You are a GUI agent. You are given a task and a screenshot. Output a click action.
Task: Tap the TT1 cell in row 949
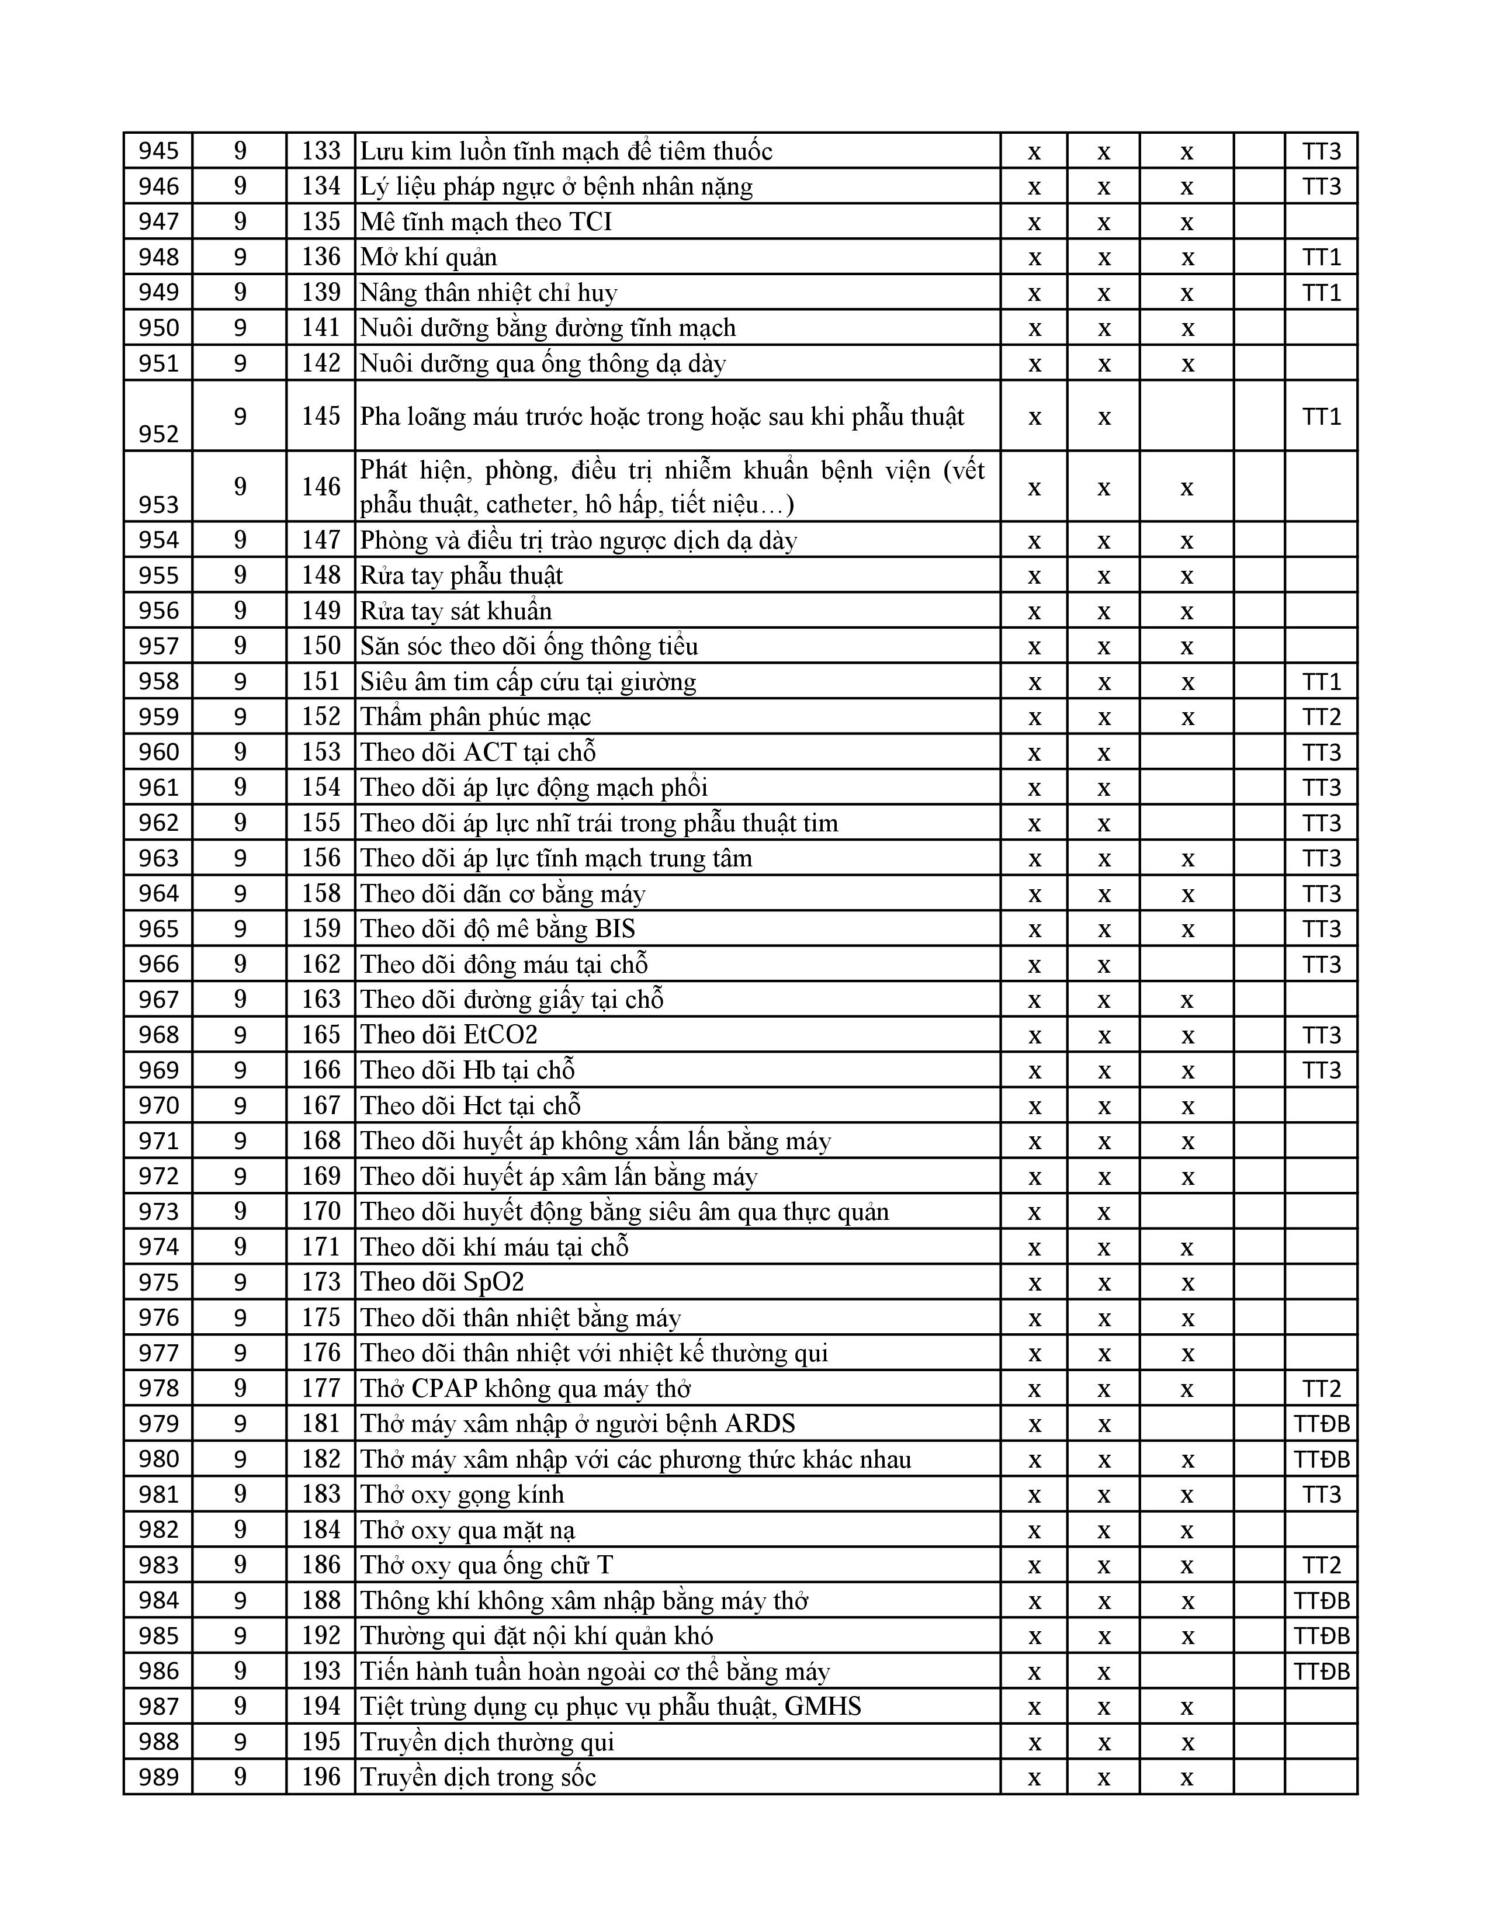[x=1321, y=292]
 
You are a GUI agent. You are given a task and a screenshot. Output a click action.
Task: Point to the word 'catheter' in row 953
[x=506, y=504]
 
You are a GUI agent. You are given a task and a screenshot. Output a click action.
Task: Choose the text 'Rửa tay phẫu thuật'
[x=462, y=575]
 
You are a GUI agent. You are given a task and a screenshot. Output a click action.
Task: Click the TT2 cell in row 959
[x=1321, y=717]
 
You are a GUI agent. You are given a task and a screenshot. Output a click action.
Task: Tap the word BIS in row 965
[x=615, y=929]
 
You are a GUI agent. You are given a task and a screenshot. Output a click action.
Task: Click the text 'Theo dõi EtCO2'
[x=448, y=1035]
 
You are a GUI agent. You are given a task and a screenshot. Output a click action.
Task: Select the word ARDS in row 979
[x=759, y=1424]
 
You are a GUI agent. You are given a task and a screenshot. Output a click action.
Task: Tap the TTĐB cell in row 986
[x=1321, y=1671]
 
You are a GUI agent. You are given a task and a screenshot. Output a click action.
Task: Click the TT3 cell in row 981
[x=1321, y=1494]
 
